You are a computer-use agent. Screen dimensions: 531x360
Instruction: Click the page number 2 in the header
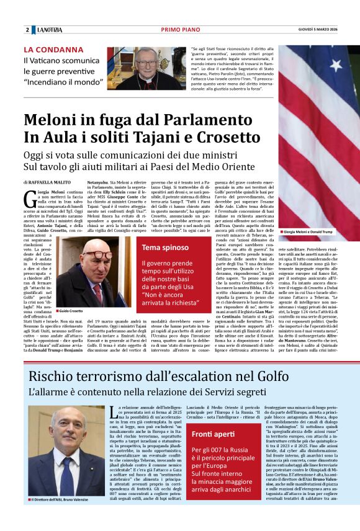coord(27,30)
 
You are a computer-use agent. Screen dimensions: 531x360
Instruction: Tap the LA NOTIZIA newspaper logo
coord(48,30)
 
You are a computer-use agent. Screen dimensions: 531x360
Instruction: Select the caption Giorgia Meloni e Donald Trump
coord(308,231)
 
